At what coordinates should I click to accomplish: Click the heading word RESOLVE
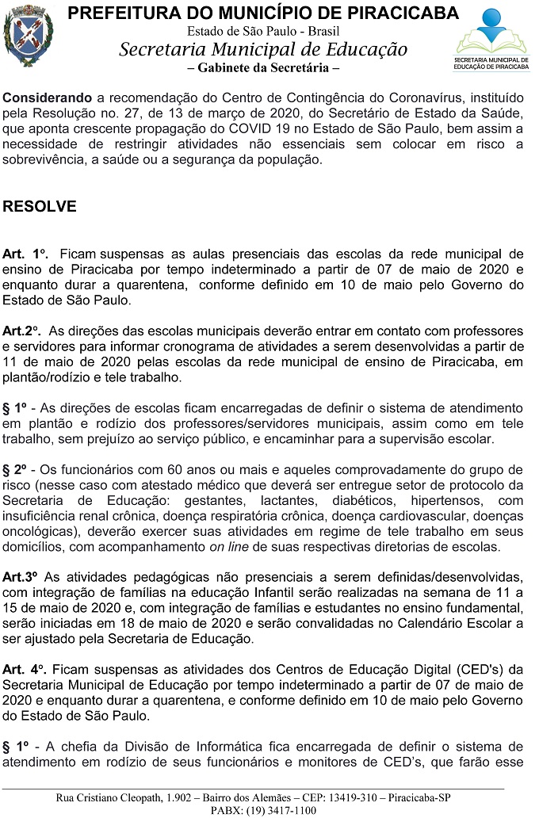click(40, 207)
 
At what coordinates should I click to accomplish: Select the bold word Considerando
click(47, 97)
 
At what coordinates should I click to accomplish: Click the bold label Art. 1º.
click(25, 254)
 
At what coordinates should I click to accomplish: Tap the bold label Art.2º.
click(22, 330)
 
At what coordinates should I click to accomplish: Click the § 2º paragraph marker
click(16, 469)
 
